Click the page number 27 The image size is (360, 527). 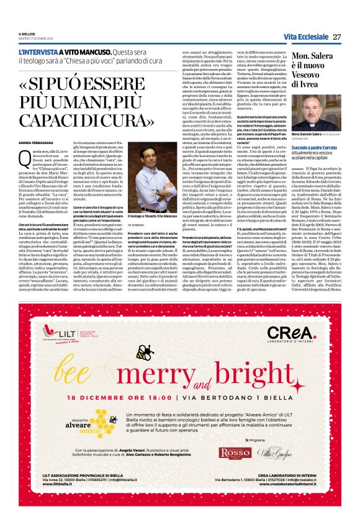pos(337,37)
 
